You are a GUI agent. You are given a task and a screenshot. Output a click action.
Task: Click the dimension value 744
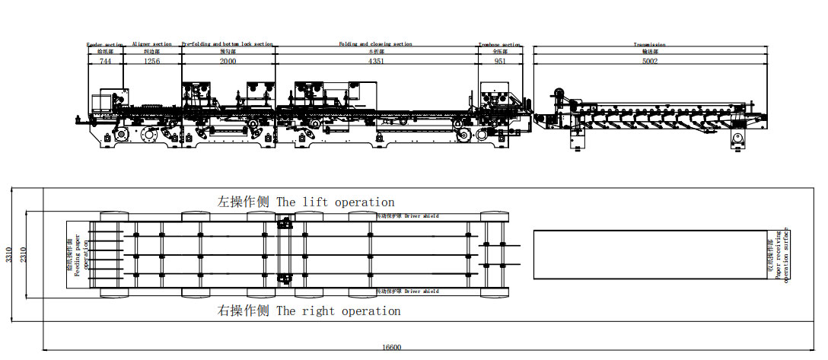click(105, 60)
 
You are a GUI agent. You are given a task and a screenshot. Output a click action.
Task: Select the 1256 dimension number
click(151, 60)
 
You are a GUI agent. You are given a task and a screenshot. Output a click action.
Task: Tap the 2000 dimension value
click(228, 60)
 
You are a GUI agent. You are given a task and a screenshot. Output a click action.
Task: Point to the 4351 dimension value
click(376, 60)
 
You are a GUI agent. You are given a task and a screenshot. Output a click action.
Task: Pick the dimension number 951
click(500, 60)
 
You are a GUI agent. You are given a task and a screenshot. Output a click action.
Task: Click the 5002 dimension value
click(649, 60)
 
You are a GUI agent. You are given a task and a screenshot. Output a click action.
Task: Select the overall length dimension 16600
click(391, 347)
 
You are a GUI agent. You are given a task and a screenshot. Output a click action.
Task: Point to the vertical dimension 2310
click(24, 254)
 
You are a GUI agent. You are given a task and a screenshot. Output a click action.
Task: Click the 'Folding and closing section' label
click(375, 44)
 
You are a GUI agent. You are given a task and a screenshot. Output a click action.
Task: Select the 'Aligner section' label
click(152, 44)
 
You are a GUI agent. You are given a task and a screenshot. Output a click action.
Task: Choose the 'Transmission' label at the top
click(649, 44)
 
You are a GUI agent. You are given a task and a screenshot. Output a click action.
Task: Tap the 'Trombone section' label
click(500, 44)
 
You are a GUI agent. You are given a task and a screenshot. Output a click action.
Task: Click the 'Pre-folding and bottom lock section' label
click(228, 44)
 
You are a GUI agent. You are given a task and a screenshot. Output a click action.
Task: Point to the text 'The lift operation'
click(336, 202)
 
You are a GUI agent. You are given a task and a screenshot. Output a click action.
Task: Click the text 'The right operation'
click(338, 311)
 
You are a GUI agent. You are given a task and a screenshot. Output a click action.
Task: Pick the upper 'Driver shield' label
click(422, 216)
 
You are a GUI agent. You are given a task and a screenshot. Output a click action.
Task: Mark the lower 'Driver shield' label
click(422, 292)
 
